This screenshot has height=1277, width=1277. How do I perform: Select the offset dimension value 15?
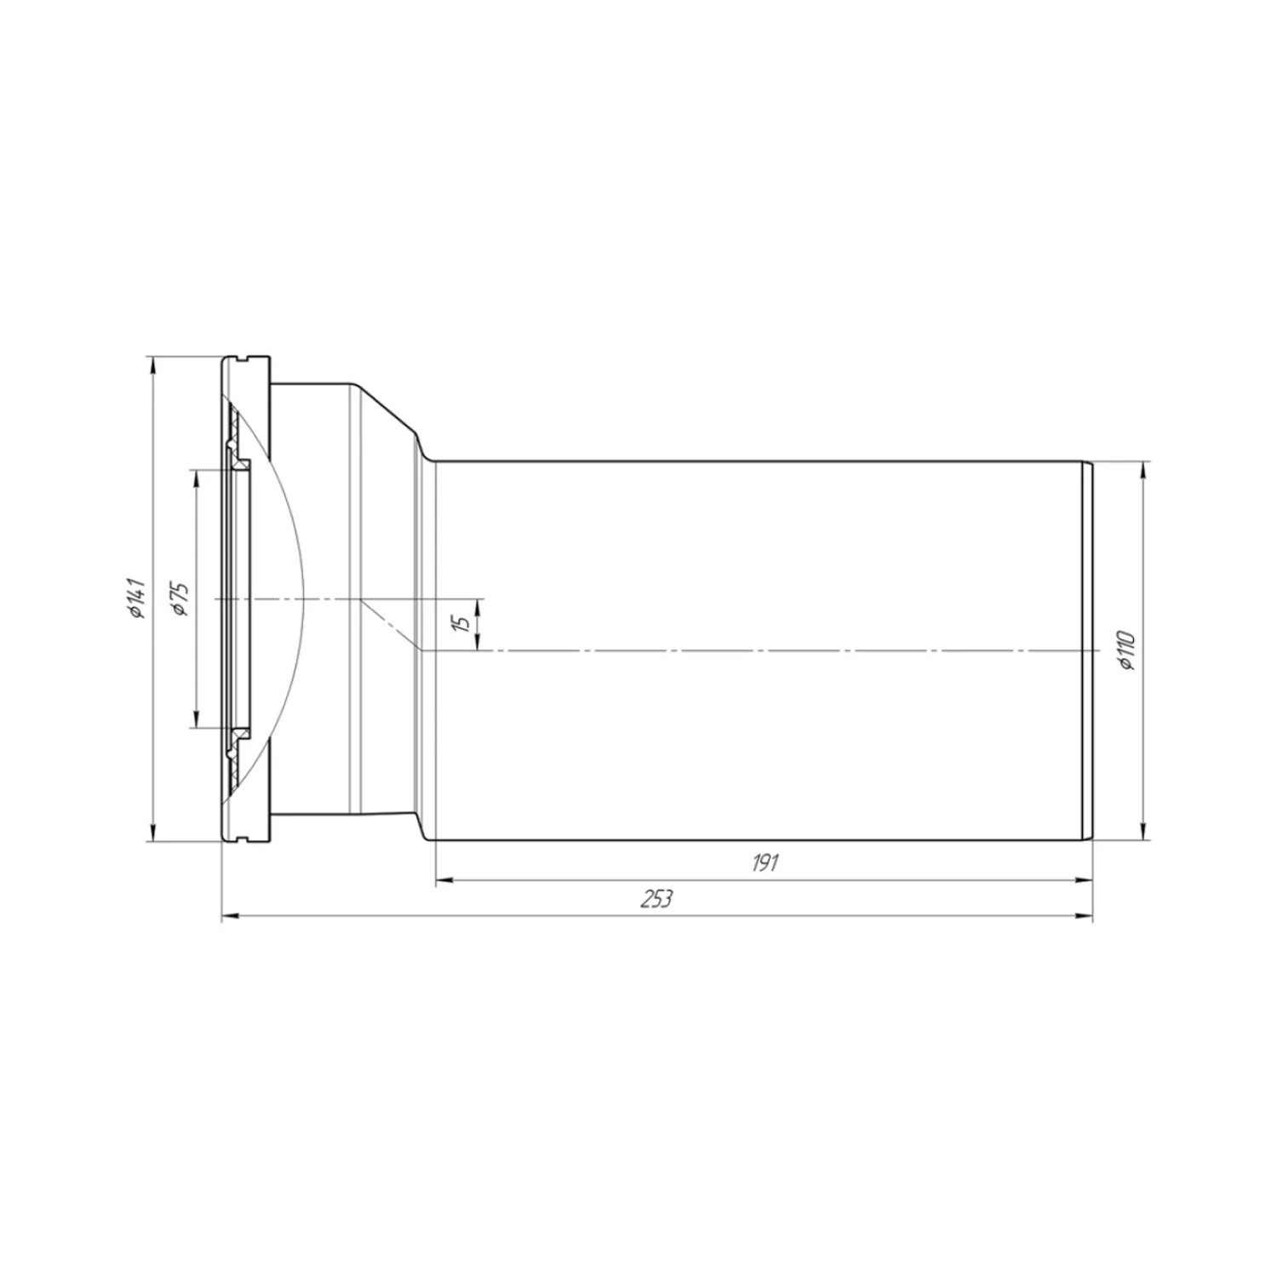click(x=461, y=622)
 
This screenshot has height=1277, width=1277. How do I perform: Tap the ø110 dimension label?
click(x=1127, y=650)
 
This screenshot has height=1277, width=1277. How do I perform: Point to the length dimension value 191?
click(x=764, y=862)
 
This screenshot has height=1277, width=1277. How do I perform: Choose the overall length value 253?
click(x=656, y=899)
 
